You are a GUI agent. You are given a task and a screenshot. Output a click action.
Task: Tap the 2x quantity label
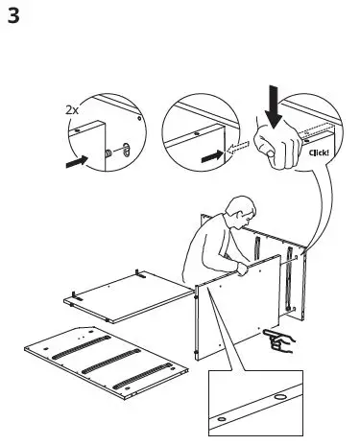click(x=73, y=110)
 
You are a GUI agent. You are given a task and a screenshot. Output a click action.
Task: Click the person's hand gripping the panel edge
click(x=244, y=270)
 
